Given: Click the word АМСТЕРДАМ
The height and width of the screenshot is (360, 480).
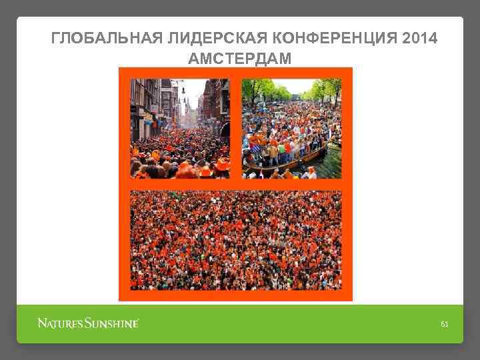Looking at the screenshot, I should tap(240, 59).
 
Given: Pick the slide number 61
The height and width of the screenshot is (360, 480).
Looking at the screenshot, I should tap(445, 324).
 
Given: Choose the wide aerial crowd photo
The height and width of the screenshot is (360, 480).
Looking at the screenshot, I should tap(236, 240).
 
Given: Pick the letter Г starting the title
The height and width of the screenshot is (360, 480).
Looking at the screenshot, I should tap(55, 39).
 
